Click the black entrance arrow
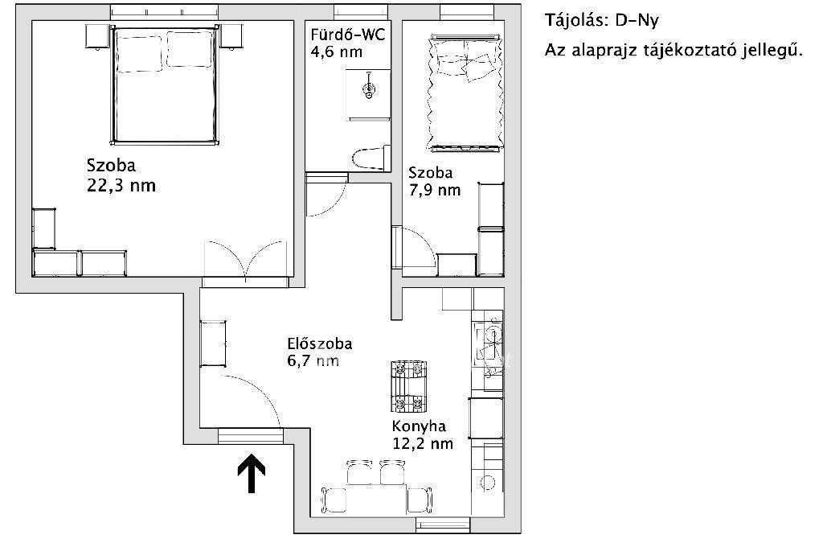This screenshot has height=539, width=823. pyautogui.click(x=252, y=473)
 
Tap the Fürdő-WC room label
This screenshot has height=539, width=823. pyautogui.click(x=347, y=35)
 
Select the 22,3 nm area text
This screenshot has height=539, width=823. pyautogui.click(x=121, y=186)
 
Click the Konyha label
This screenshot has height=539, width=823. pyautogui.click(x=419, y=426)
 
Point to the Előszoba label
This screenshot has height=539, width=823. pyautogui.click(x=320, y=344)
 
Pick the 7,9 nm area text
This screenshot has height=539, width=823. pyautogui.click(x=435, y=190)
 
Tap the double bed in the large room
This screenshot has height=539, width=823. pyautogui.click(x=165, y=84)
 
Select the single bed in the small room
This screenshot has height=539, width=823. pyautogui.click(x=465, y=93)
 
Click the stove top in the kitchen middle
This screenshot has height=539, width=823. pyautogui.click(x=408, y=386)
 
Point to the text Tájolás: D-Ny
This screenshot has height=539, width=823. pyautogui.click(x=601, y=20)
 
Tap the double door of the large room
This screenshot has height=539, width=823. pyautogui.click(x=246, y=260)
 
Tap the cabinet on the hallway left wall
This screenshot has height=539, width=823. pyautogui.click(x=213, y=343)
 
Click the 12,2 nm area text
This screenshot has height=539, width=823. pyautogui.click(x=423, y=443)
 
